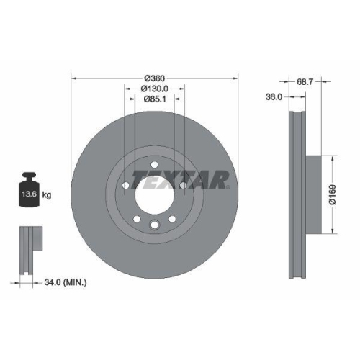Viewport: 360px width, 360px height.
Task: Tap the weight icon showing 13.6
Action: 28,190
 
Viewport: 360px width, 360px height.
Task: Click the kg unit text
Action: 47,195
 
